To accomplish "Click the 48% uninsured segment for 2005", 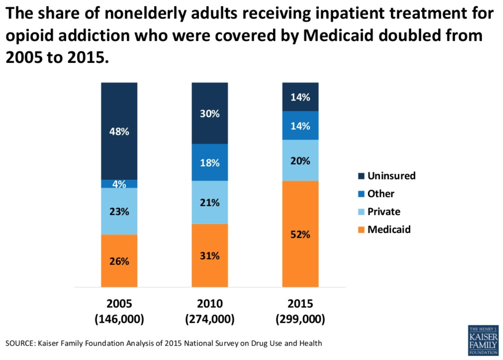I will coord(119,131).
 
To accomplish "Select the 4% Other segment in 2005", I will coord(119,184).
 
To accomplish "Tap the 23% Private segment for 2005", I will coord(119,211).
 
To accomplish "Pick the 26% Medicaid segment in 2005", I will coord(119,261).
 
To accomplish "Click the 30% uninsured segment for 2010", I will coord(210,113).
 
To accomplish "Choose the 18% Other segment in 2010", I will coord(210,162).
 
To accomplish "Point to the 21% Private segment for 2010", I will coord(210,202).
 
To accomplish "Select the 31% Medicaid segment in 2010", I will coord(210,256).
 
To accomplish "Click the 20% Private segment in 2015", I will coord(300,160).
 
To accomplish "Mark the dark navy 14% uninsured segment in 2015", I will coord(300,97).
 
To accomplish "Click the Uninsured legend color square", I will coord(362,176).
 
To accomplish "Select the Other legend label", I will coord(381,194).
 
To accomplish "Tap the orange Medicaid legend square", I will coord(362,229).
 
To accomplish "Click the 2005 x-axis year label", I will coord(119,304).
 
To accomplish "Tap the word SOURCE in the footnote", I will coord(19,344).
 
